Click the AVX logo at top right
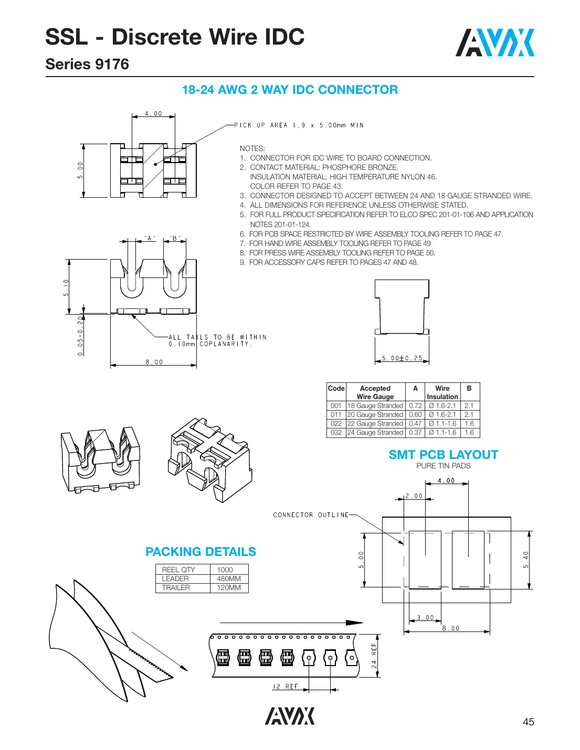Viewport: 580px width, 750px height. point(494,43)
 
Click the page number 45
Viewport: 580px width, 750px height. point(528,722)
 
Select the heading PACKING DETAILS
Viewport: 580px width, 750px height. point(201,552)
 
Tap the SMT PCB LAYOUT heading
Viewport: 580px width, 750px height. point(443,455)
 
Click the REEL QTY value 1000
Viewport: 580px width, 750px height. point(225,570)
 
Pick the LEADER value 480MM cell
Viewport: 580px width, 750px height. point(229,578)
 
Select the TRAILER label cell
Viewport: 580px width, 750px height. point(176,587)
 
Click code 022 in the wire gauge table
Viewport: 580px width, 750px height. point(336,423)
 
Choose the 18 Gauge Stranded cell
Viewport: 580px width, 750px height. point(375,405)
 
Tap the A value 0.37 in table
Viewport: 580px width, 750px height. point(415,432)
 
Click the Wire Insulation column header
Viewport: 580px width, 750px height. point(442,392)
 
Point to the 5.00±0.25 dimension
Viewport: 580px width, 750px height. point(402,358)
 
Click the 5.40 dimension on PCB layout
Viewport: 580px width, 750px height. point(526,560)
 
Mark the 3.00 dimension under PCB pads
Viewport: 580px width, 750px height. point(425,617)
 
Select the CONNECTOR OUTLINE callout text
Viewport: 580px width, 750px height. point(311,515)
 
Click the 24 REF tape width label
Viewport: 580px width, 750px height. point(374,656)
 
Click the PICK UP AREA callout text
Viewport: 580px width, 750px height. point(299,125)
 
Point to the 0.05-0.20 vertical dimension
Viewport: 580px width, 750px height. point(80,336)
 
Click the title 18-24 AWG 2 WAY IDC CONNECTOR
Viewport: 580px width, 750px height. point(290,90)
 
